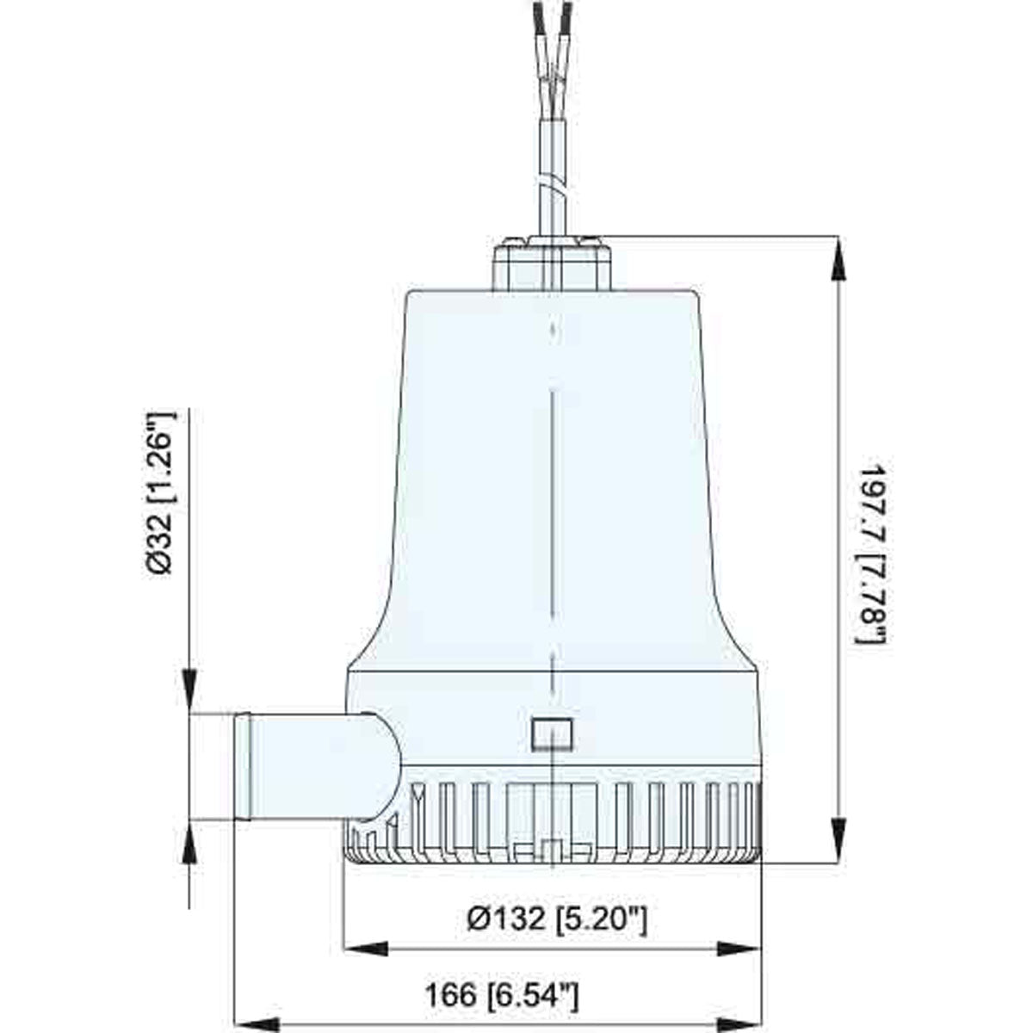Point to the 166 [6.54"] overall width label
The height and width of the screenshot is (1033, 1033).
pyautogui.click(x=502, y=997)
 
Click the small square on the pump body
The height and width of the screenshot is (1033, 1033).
pyautogui.click(x=552, y=732)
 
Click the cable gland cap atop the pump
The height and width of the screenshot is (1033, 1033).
pyautogui.click(x=552, y=262)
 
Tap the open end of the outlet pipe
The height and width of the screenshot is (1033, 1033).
pyautogui.click(x=242, y=766)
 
